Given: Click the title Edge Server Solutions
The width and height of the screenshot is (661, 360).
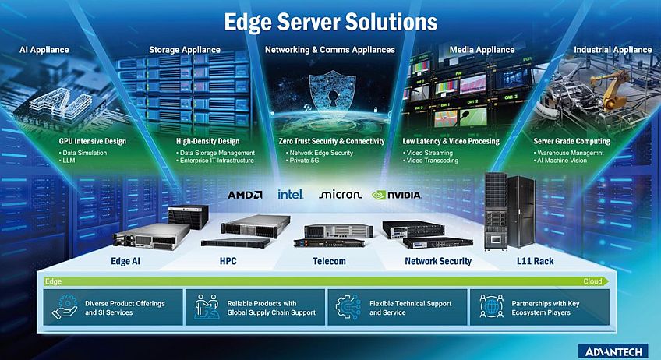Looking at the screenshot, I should [330, 21].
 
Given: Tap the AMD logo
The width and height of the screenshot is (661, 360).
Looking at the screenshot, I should [245, 194].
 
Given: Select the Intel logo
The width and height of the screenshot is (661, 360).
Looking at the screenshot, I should [290, 194].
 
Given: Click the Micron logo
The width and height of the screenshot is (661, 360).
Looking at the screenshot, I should [340, 194].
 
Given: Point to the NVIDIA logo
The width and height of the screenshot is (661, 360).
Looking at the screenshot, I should [397, 195].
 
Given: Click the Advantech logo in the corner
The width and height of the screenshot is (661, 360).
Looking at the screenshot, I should [613, 350].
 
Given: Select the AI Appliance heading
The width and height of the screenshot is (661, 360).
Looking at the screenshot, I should [44, 50].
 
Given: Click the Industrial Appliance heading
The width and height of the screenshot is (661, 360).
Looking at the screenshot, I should [612, 50].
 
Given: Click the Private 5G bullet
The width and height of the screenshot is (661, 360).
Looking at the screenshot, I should [309, 161].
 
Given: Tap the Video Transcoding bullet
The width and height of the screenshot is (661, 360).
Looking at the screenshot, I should [433, 161].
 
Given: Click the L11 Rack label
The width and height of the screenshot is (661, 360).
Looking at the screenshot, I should [534, 261].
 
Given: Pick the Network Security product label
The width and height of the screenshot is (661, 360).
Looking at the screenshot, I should [437, 261].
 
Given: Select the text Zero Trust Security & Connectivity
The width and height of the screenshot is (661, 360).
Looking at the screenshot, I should [331, 141].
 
